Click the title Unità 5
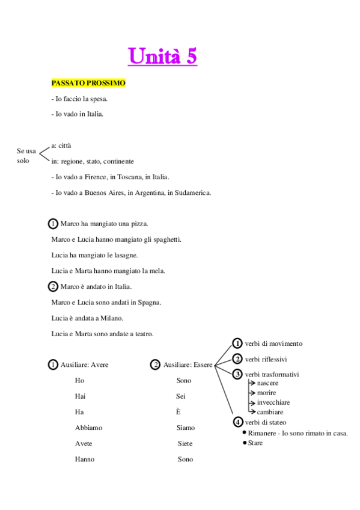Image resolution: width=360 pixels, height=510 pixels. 163,57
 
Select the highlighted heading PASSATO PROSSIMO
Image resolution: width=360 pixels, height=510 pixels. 88,83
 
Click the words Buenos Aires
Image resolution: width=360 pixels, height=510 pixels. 108,193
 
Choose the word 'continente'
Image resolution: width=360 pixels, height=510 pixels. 119,162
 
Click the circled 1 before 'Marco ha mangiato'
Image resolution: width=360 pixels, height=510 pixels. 53,224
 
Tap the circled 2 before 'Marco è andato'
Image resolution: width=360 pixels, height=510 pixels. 53,286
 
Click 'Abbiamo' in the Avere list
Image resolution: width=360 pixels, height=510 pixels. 88,428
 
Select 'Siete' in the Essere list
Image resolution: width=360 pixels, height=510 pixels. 185,443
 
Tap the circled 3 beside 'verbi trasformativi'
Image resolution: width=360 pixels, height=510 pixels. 237,374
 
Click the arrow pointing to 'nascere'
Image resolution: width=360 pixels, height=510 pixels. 251,383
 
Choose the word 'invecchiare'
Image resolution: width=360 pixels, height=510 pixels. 273,402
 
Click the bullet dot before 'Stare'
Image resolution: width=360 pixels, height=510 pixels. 244,443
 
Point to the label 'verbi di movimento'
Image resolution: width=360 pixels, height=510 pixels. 273,343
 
